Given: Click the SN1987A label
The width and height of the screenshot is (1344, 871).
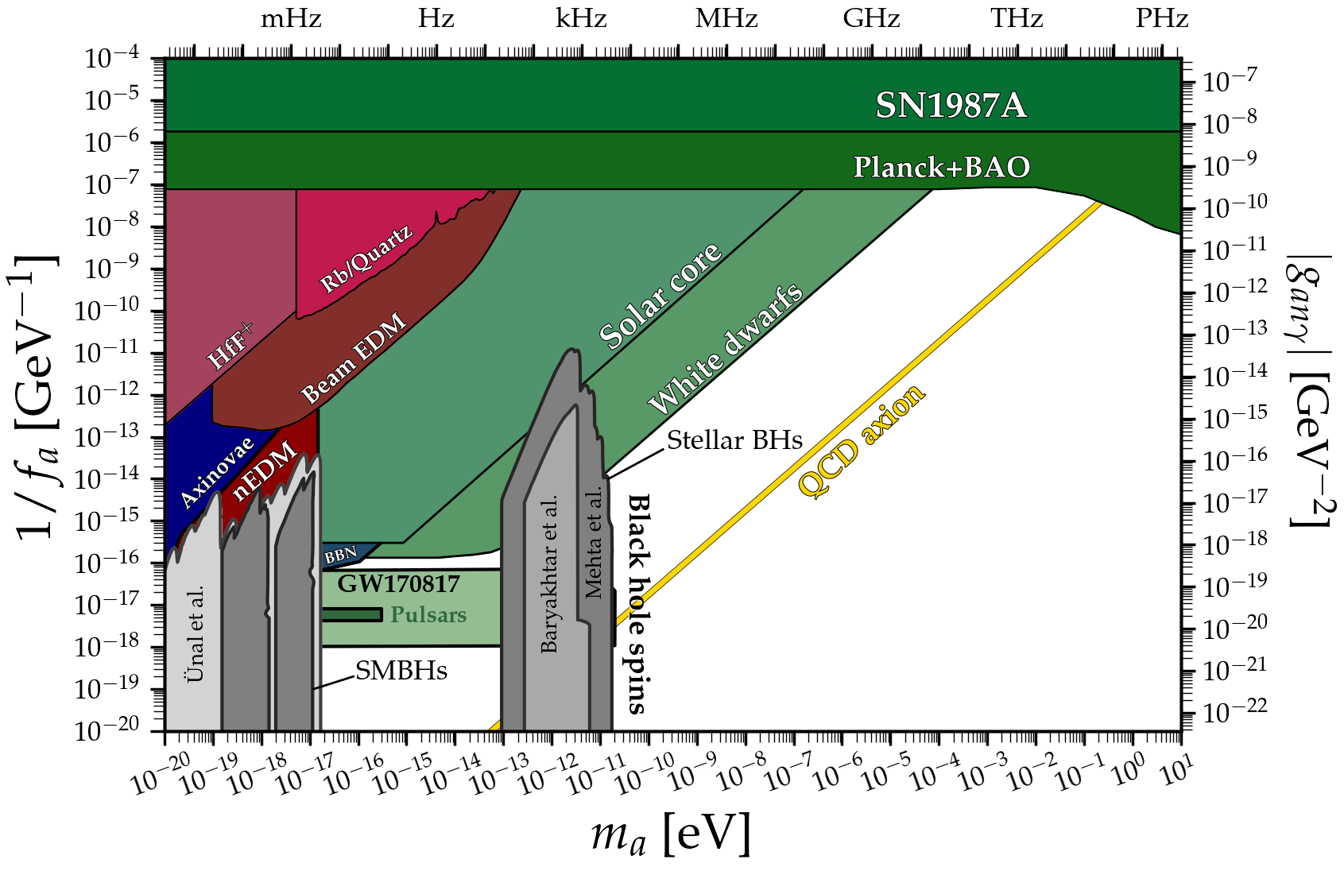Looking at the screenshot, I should click(951, 106).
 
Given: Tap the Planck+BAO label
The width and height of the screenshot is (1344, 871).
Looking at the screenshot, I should click(941, 167).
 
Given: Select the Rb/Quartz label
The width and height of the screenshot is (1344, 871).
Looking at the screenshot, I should click(366, 258).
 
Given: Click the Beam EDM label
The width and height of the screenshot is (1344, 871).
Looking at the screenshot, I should click(354, 358).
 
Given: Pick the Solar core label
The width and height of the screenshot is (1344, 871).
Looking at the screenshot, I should click(660, 296).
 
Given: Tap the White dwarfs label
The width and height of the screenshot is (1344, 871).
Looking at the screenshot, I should click(725, 350).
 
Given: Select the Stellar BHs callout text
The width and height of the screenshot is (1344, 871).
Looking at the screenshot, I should click(734, 440).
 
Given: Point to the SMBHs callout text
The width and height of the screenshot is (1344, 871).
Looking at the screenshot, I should click(401, 672).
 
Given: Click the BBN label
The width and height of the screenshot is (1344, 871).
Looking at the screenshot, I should click(340, 556).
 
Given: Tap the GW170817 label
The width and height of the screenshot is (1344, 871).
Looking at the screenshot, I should click(398, 585).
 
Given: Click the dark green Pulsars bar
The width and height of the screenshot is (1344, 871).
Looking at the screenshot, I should click(351, 615).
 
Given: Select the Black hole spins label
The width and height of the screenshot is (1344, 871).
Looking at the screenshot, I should click(638, 604).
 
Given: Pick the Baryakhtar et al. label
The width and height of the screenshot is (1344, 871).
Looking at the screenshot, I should click(549, 574).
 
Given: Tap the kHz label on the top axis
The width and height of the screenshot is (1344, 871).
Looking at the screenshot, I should click(581, 18).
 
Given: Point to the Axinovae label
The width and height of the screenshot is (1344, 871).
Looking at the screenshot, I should click(216, 472).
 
